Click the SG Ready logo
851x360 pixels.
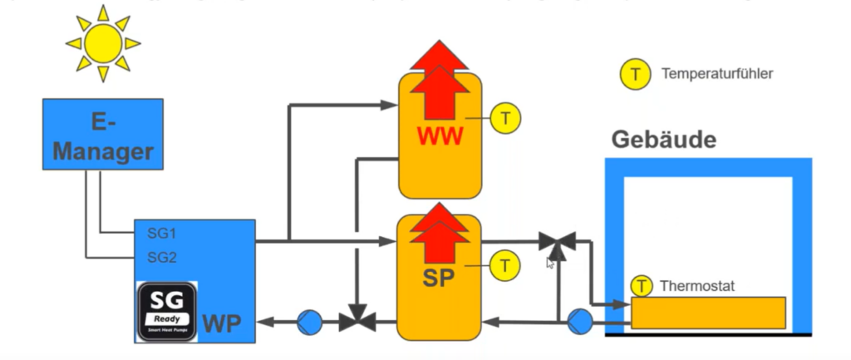166,310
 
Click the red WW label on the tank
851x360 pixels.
439,135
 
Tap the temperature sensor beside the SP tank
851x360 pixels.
504,266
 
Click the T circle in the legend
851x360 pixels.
635,74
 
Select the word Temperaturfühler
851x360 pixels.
717,74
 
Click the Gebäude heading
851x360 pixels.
663,140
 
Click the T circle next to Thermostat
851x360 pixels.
642,286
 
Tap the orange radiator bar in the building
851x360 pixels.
708,313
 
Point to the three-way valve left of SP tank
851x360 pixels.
358,318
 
